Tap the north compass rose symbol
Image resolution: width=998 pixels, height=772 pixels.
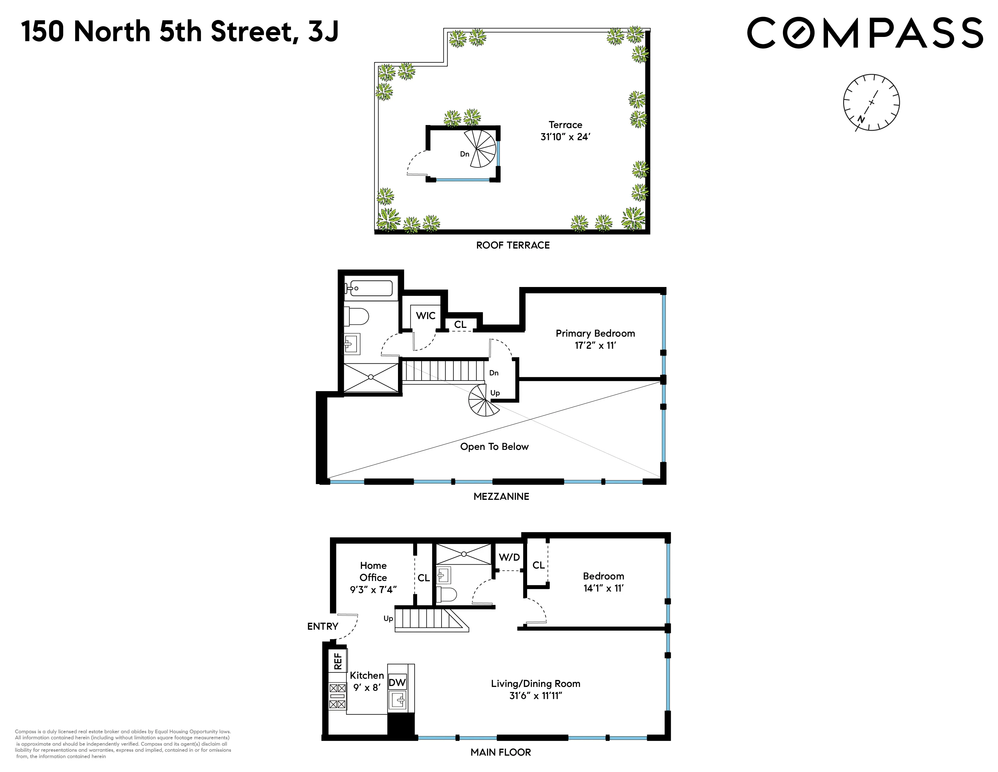[x=871, y=102]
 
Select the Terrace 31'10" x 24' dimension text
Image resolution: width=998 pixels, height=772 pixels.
[x=565, y=131]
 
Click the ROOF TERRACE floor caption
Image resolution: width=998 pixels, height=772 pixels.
[x=513, y=245]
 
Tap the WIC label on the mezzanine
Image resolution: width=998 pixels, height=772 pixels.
[x=426, y=315]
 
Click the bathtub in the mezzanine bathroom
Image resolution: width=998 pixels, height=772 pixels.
[x=369, y=289]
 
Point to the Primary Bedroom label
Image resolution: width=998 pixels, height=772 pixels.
[x=595, y=339]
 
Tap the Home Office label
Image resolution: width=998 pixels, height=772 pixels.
[x=373, y=577]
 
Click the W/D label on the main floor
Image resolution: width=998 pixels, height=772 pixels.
[x=509, y=557]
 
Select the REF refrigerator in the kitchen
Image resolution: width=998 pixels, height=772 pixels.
[x=338, y=661]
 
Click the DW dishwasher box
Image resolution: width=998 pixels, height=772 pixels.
[x=397, y=683]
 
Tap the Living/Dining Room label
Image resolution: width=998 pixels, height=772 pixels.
[x=536, y=689]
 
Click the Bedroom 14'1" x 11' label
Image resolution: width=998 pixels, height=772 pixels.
[x=603, y=582]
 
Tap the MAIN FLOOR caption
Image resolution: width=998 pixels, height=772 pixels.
[x=501, y=752]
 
